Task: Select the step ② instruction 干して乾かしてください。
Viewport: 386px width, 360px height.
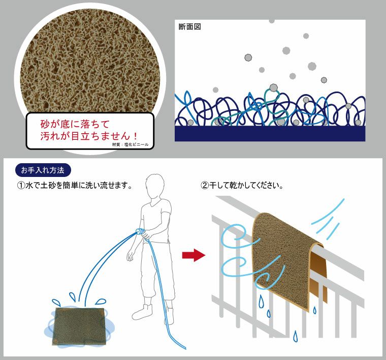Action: click(x=242, y=185)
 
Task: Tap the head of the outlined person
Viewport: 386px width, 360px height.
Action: click(x=154, y=186)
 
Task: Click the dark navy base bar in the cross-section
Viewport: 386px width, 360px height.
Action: click(x=270, y=134)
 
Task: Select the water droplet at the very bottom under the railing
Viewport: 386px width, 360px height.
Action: click(x=296, y=336)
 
